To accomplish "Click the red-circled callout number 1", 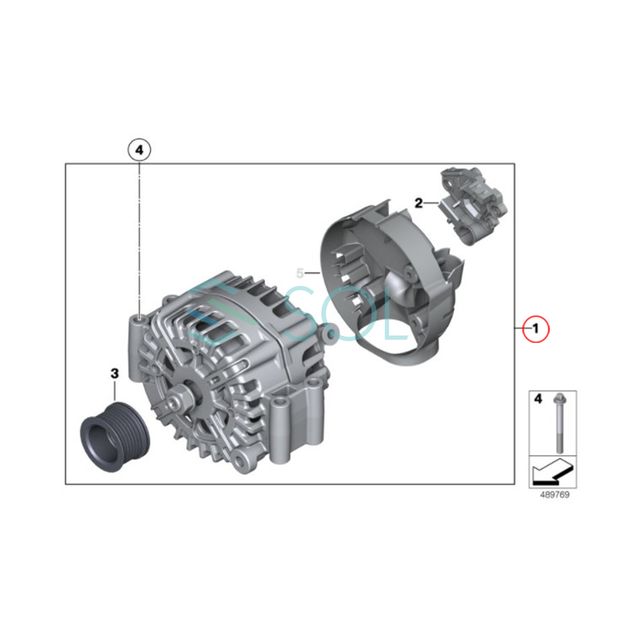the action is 535,329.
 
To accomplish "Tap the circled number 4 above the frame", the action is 139,151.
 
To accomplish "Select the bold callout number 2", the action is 418,203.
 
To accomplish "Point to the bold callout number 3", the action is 114,373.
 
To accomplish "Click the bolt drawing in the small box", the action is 558,424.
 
